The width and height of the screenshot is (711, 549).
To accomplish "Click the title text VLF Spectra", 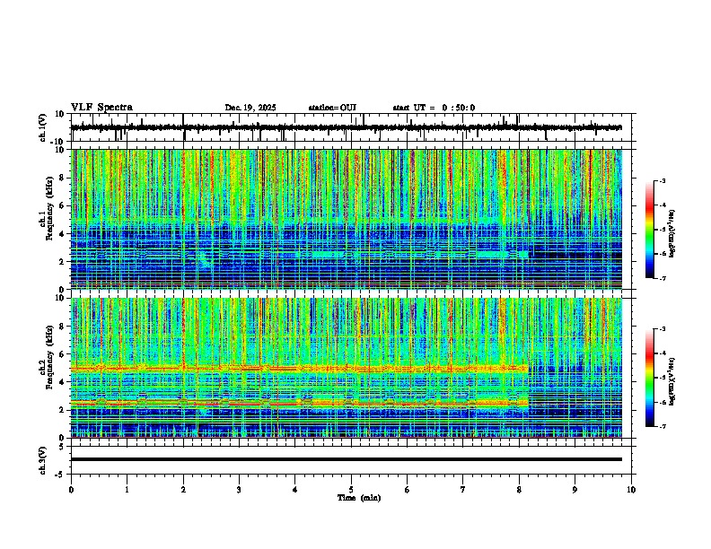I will pos(101,108).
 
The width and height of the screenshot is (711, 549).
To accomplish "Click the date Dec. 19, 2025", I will pos(250,108).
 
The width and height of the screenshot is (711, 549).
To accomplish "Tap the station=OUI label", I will pos(332,108).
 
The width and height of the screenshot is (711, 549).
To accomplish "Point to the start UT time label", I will pos(434,108).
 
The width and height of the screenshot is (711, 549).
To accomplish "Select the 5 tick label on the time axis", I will pos(351,489).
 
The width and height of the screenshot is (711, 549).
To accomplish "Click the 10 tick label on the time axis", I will pos(631,489).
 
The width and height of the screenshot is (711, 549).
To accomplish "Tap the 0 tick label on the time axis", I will pos(71,489).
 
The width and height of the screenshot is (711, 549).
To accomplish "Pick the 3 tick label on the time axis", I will pos(239,489).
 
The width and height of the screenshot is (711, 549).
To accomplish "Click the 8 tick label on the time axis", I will pos(519,489).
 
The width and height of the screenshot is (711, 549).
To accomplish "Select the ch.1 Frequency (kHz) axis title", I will pos(46,220).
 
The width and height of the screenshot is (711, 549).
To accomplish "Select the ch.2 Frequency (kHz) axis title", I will pos(46,368).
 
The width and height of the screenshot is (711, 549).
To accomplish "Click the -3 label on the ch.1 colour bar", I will pos(662,181).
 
